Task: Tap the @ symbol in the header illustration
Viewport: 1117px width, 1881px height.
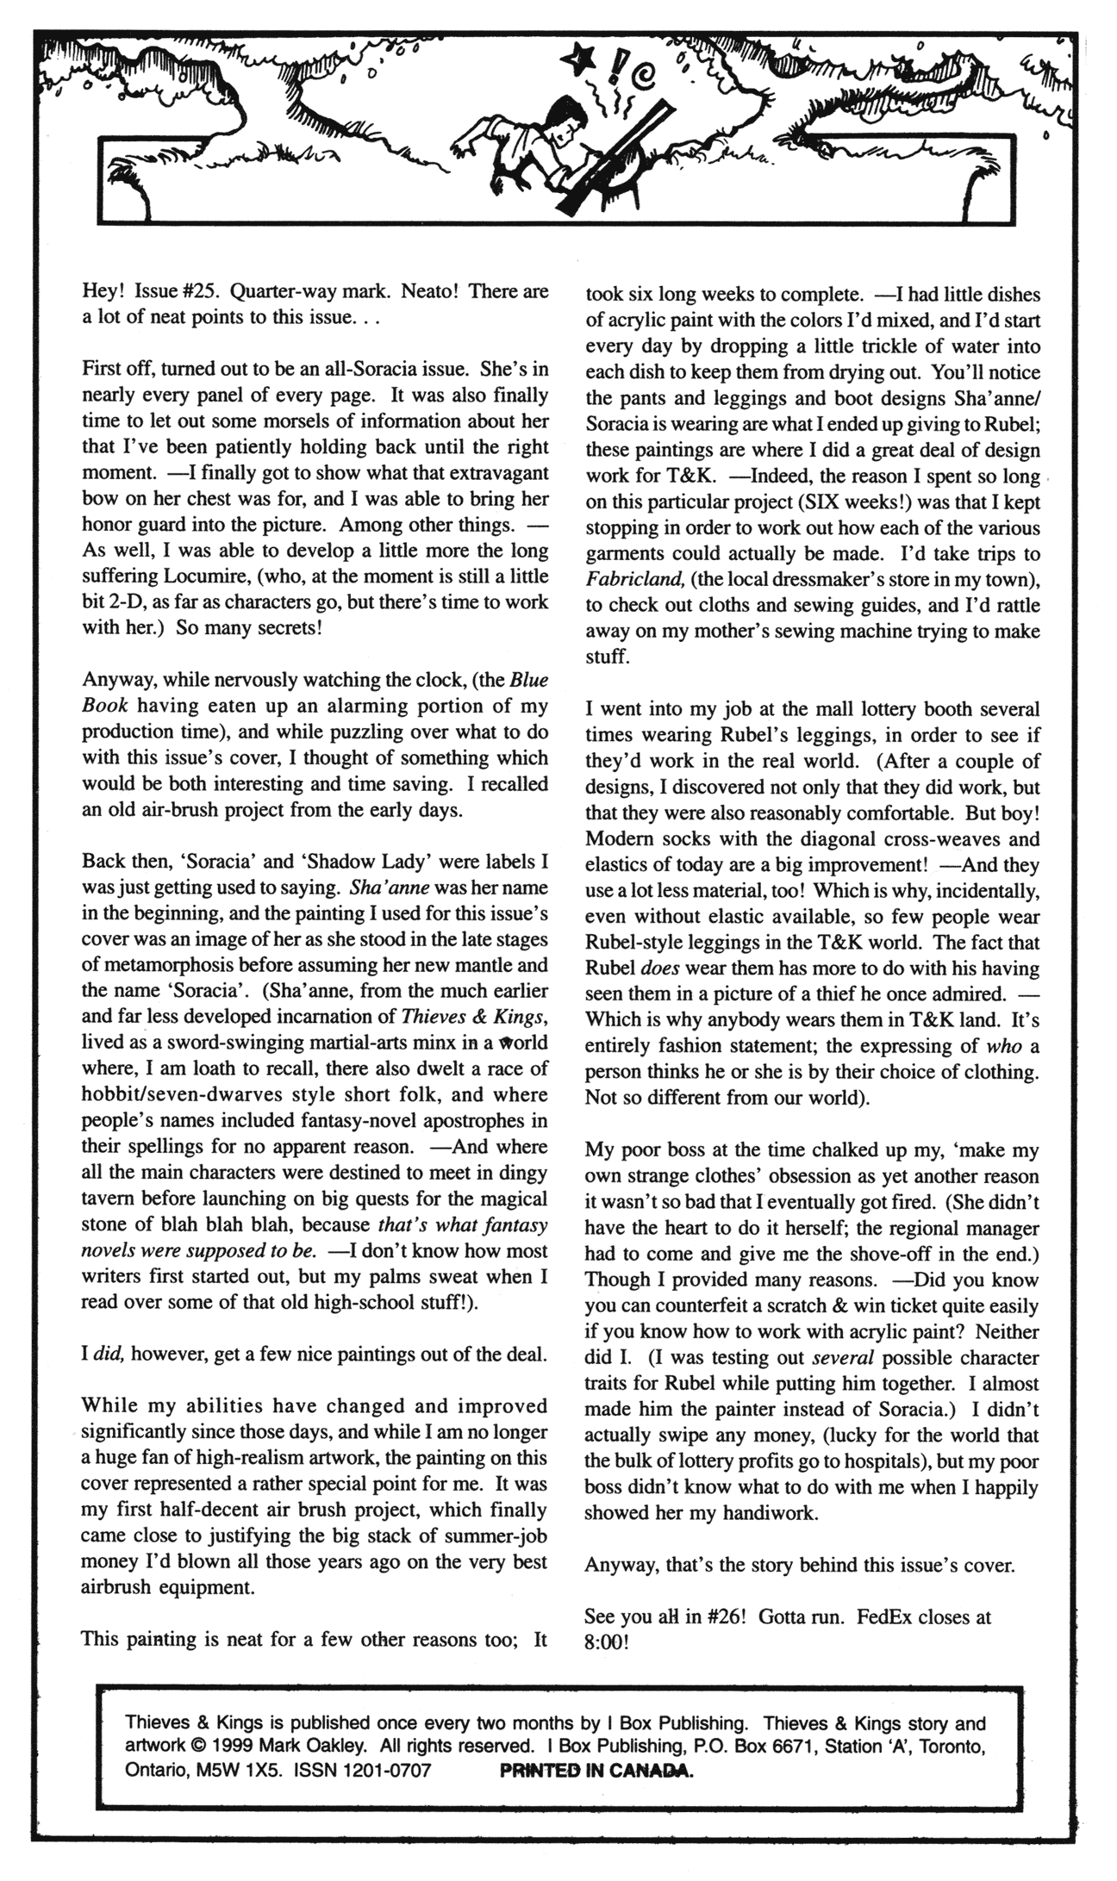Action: (644, 80)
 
